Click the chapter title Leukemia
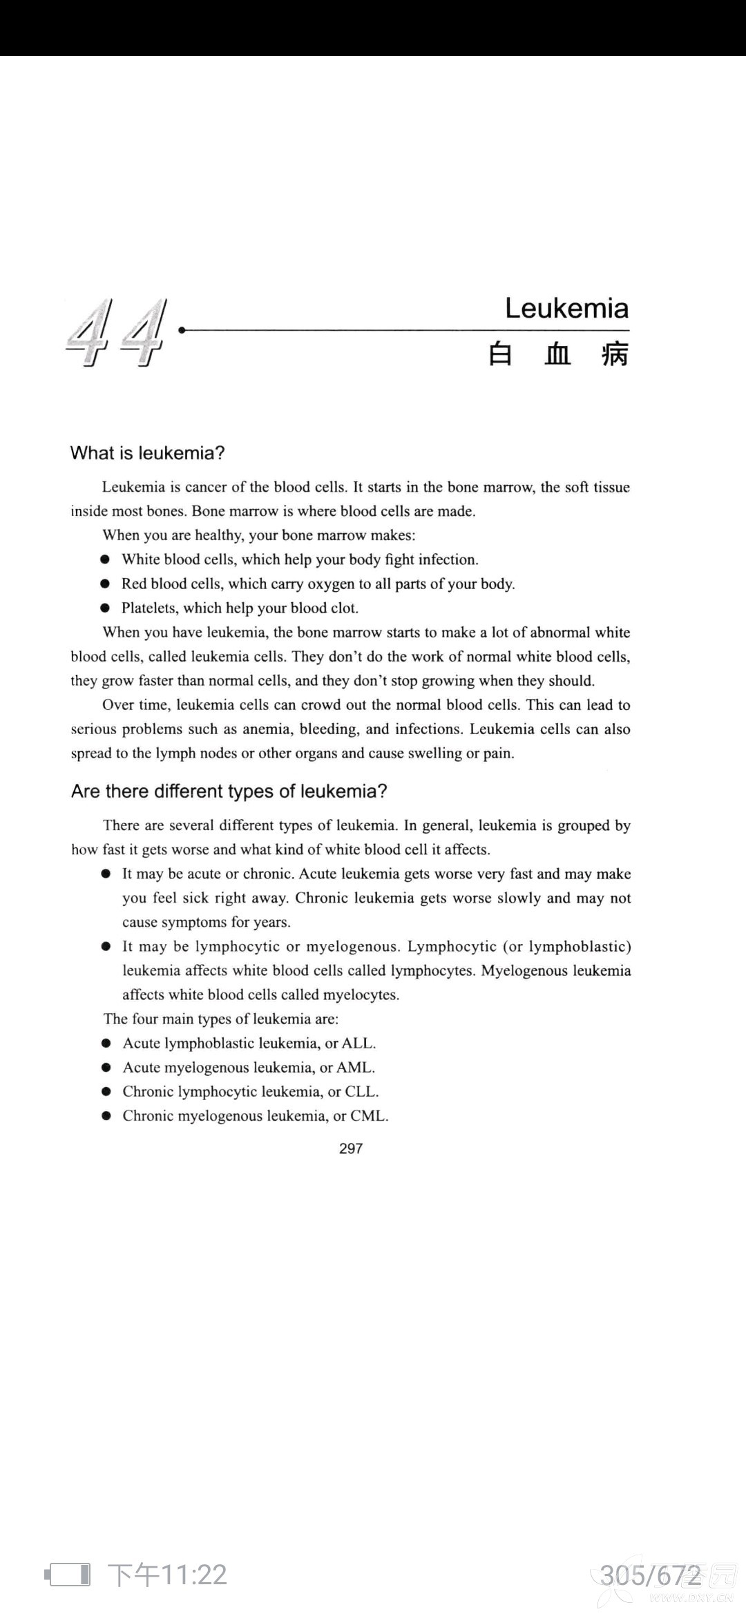pyautogui.click(x=566, y=308)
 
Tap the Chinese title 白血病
pyautogui.click(x=558, y=354)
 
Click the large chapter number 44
pyautogui.click(x=117, y=333)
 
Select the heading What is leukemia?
pyautogui.click(x=148, y=453)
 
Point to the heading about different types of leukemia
pyautogui.click(x=229, y=791)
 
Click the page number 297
pyautogui.click(x=351, y=1148)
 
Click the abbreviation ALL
pyautogui.click(x=357, y=1043)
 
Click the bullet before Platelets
pyautogui.click(x=105, y=608)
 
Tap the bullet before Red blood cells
pyautogui.click(x=105, y=584)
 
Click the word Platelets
pyautogui.click(x=149, y=608)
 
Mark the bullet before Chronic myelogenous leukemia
pyautogui.click(x=106, y=1116)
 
